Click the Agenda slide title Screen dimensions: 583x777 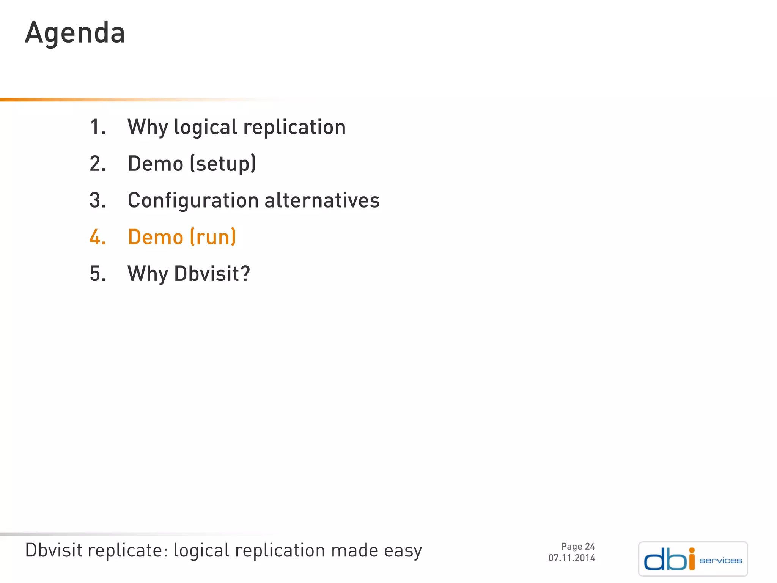pos(75,33)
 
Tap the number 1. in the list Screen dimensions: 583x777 pos(98,127)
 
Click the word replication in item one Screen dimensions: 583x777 pos(294,127)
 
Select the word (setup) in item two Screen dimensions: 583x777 pos(223,164)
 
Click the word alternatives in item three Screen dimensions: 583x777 pos(322,200)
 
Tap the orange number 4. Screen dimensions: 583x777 pos(98,237)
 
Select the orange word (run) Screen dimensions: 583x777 pos(213,237)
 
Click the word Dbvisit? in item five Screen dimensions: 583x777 pos(212,274)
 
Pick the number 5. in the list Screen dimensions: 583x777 pos(98,274)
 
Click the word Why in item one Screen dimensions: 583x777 pos(148,127)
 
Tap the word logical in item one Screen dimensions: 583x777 pos(205,127)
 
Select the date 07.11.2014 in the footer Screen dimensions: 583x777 pos(571,558)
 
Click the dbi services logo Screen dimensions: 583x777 pos(692,559)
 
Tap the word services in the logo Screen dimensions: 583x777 pos(720,561)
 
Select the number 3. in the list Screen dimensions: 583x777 pos(98,200)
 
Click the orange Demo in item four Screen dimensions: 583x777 pos(156,237)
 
